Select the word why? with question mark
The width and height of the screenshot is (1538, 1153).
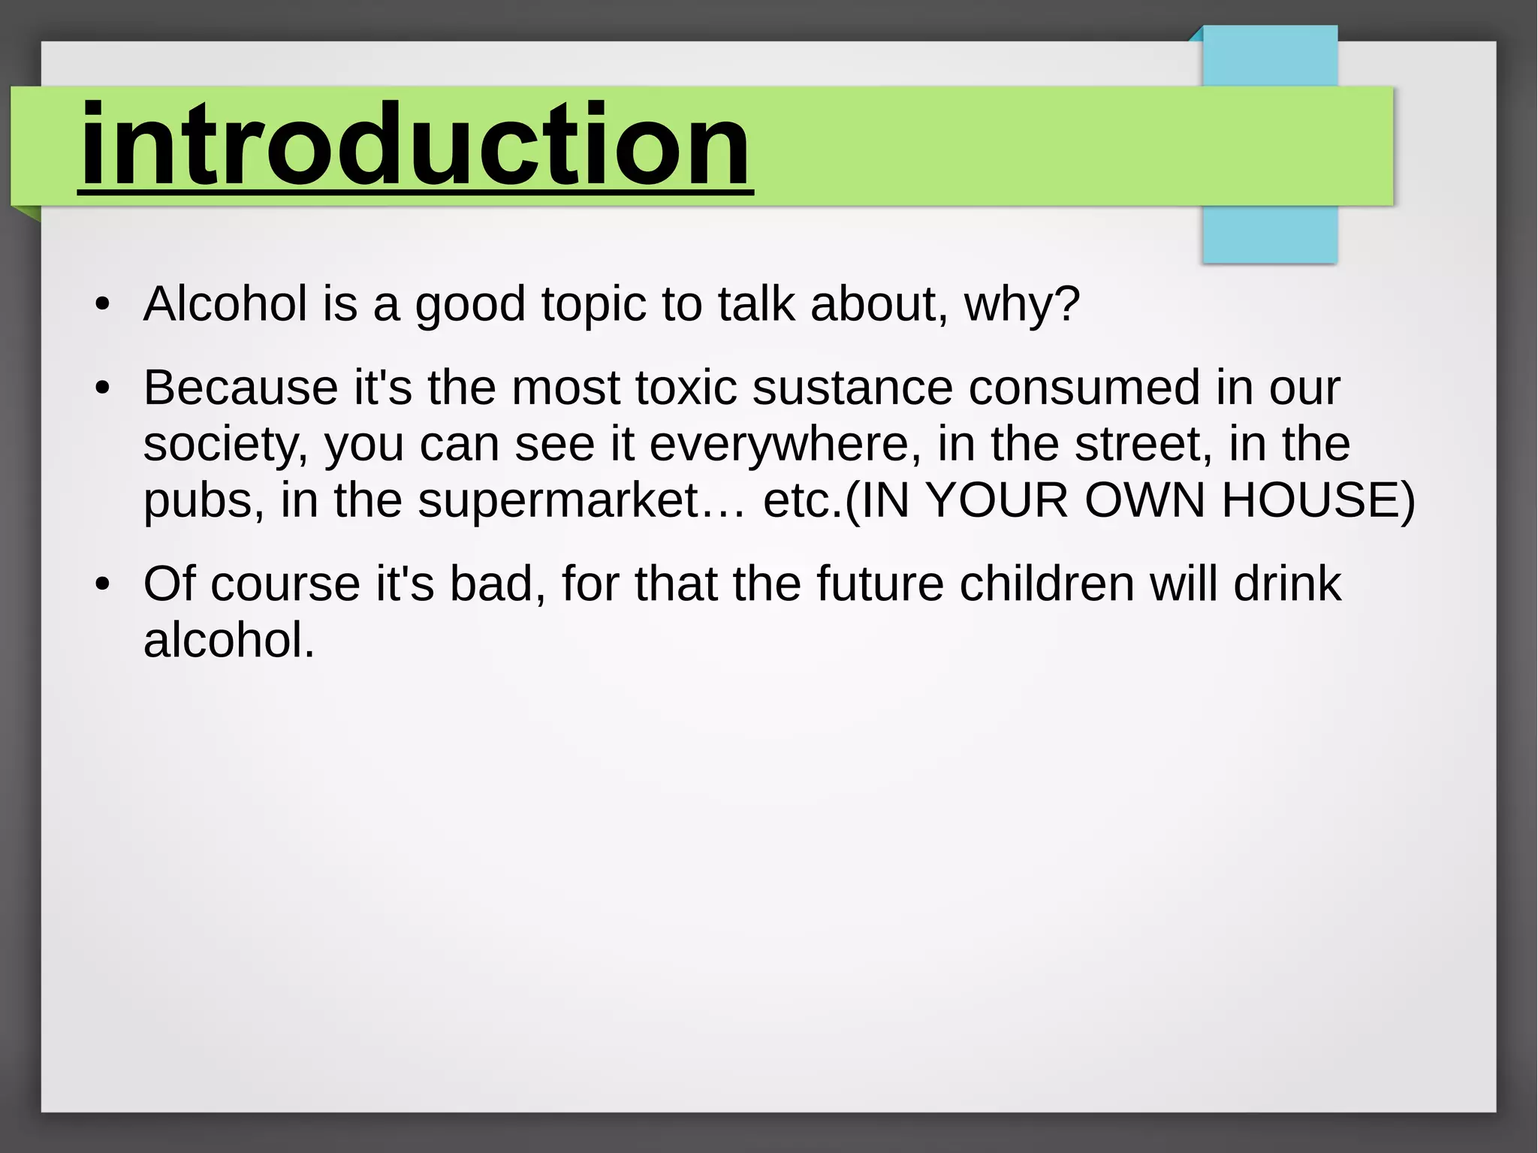tap(1021, 304)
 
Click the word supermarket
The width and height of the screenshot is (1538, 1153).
tap(559, 501)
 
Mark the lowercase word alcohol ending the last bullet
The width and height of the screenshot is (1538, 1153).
tap(228, 641)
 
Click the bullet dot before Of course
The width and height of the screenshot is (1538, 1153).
tap(103, 584)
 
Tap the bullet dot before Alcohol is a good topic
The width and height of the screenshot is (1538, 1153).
tap(103, 305)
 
